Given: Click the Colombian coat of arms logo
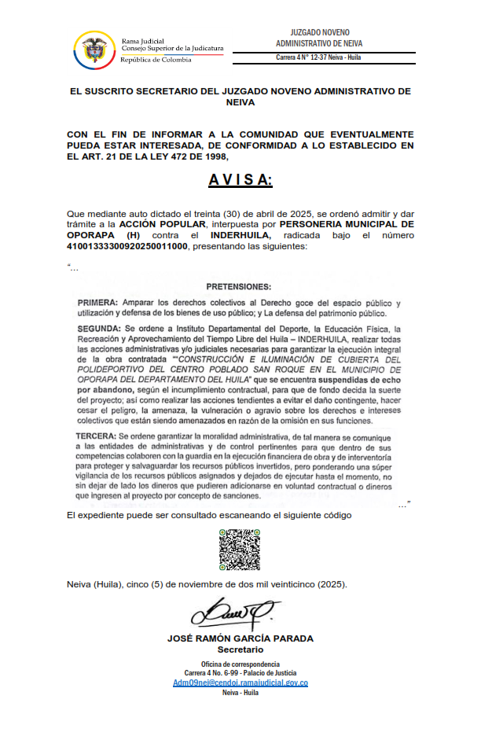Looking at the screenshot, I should coord(94,49).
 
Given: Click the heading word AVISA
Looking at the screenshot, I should coord(240,180).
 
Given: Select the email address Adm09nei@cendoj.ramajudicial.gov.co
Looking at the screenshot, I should coord(240,683).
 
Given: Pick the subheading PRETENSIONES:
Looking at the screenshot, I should coord(238,286).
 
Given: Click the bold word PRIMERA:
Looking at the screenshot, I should coord(98,303).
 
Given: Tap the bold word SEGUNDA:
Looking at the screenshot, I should coord(100,328).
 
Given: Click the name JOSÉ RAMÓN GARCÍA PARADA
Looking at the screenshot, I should coord(240,638).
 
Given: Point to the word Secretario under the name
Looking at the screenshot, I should coord(240,650).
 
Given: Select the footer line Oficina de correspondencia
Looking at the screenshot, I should coord(240,665).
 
